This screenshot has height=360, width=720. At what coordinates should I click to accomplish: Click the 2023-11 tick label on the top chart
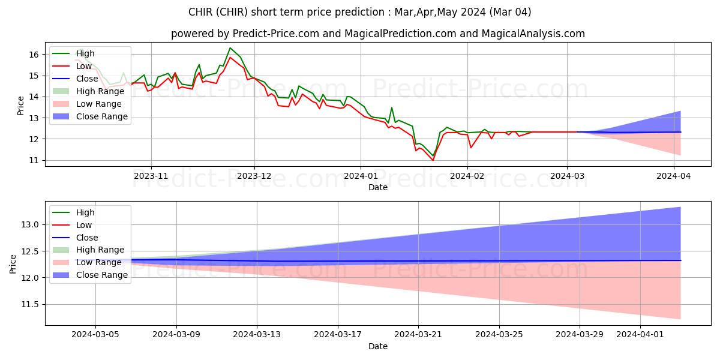coord(151,176)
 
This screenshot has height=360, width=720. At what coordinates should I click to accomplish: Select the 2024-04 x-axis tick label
coord(674,176)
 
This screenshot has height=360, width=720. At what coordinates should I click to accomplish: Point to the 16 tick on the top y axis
coord(34,55)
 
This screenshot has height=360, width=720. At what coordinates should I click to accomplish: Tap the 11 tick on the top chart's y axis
coord(34,160)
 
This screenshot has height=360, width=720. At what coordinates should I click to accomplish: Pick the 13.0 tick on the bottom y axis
coord(31,224)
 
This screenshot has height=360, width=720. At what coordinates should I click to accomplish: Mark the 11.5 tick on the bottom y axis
coord(31,305)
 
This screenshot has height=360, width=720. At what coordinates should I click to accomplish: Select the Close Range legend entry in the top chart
coord(101,116)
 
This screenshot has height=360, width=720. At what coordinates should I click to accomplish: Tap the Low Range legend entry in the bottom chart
coord(100,262)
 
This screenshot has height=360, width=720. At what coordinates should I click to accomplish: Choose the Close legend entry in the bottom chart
coord(88,237)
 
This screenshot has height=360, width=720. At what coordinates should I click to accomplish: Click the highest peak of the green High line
coord(230,48)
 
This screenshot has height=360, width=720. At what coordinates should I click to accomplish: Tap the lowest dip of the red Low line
coord(433,160)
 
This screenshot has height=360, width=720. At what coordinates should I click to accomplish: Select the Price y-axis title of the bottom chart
coord(13,263)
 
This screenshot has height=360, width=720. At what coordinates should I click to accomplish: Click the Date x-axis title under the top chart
coord(378,187)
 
